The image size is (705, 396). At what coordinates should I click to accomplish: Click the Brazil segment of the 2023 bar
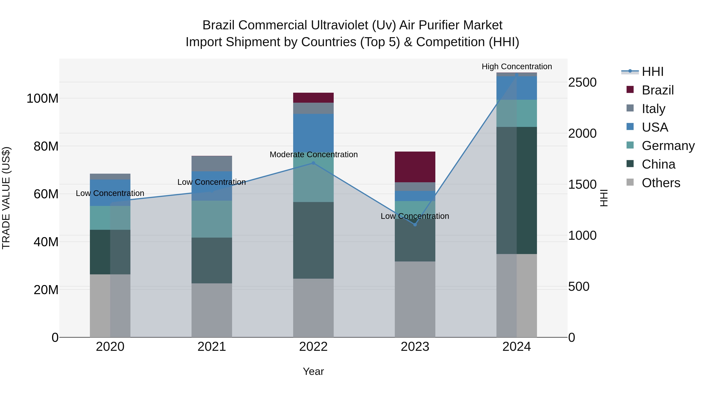tap(415, 167)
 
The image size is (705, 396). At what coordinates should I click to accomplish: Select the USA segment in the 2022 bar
tap(313, 133)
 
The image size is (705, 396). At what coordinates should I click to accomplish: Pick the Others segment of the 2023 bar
tap(415, 299)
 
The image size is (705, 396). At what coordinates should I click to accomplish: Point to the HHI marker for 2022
tap(313, 163)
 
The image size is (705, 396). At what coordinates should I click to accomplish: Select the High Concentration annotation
tap(517, 67)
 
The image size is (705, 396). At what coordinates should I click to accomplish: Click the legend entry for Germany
tap(668, 146)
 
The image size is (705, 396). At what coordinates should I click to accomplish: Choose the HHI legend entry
tap(653, 72)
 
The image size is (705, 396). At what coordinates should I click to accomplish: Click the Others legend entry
tap(661, 183)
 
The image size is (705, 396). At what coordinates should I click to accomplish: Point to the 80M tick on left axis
tap(46, 146)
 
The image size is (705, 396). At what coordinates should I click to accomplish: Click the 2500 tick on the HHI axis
tap(582, 83)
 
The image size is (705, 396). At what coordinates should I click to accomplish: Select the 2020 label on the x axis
tap(110, 347)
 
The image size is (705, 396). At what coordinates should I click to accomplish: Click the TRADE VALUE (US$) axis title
tap(6, 198)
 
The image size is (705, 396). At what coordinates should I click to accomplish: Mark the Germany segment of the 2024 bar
tap(517, 113)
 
